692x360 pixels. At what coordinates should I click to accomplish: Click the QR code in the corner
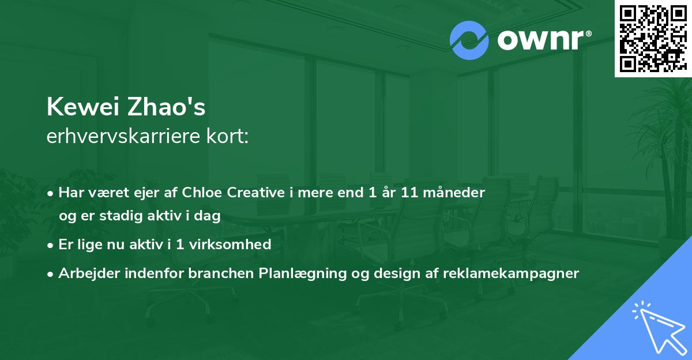(x=653, y=38)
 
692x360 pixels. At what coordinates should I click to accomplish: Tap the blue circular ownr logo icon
(x=469, y=40)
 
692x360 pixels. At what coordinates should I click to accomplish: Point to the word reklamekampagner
(x=510, y=273)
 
